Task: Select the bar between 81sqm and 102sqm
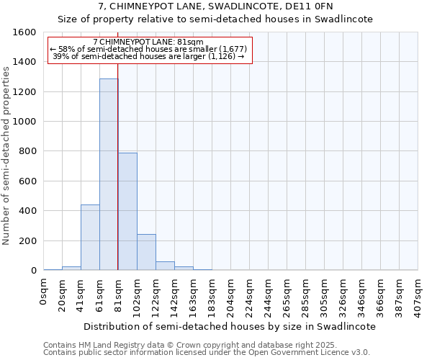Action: pyautogui.click(x=127, y=211)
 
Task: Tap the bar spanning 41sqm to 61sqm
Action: pyautogui.click(x=90, y=237)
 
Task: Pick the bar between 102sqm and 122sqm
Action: pyautogui.click(x=146, y=252)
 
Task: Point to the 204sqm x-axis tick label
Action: pyautogui.click(x=231, y=294)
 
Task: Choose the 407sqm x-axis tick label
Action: pyautogui.click(x=418, y=294)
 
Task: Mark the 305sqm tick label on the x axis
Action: pyautogui.click(x=325, y=294)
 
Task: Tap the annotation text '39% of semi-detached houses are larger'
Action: pyautogui.click(x=149, y=56)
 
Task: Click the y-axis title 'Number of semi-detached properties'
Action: pyautogui.click(x=6, y=152)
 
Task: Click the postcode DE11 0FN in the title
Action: pyautogui.click(x=308, y=6)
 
